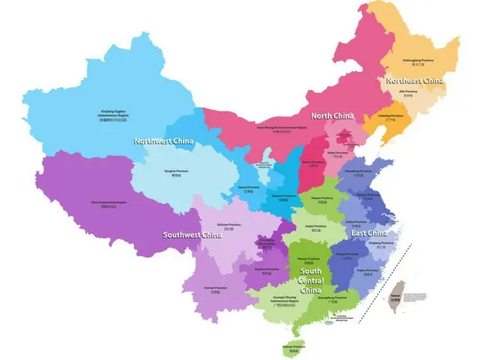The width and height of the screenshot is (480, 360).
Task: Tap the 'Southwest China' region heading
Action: point(193,235)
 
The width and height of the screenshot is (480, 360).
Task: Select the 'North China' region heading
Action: point(331,115)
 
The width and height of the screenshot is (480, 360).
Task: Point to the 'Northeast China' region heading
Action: point(414,80)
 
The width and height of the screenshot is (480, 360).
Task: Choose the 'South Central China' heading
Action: point(310,280)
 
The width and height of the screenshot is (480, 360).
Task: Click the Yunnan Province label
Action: point(215,289)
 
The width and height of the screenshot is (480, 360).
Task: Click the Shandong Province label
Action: point(360,172)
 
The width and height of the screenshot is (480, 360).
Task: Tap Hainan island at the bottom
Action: point(291,348)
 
